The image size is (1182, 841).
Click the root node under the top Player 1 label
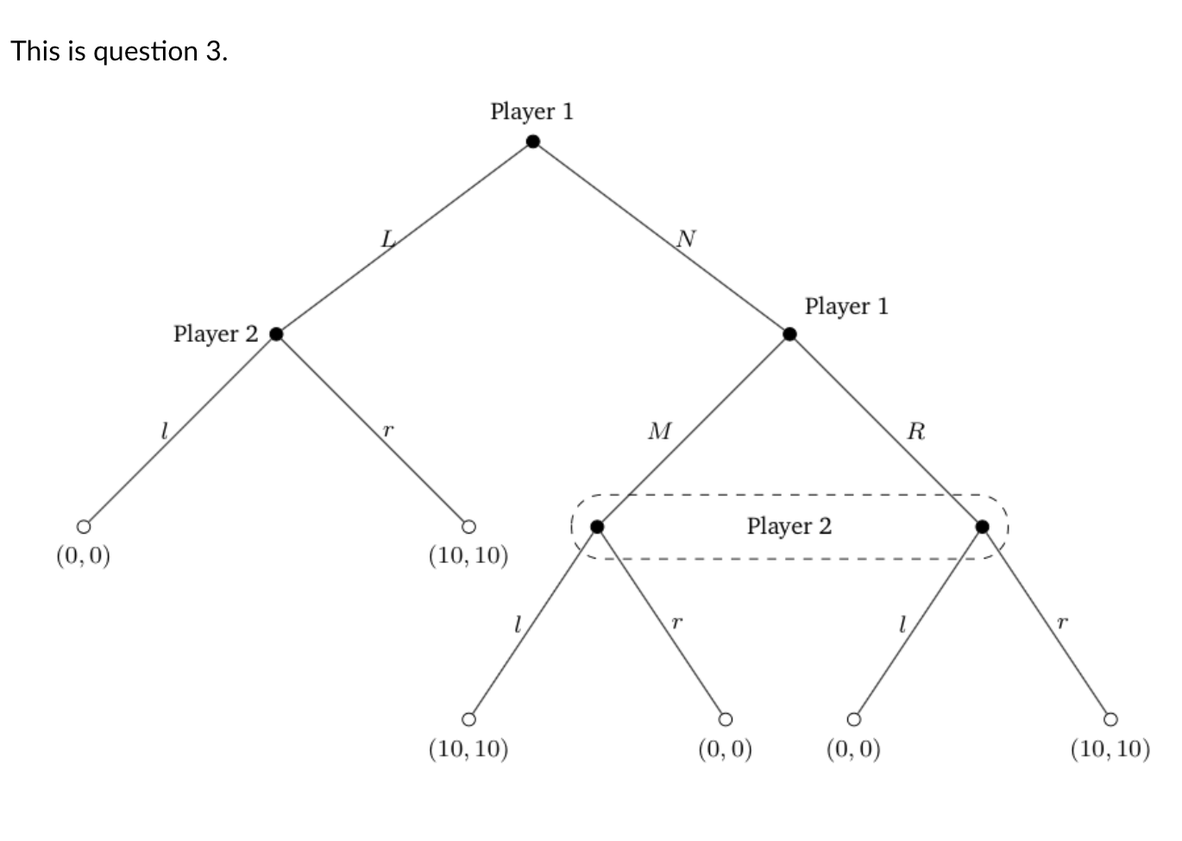coord(533,142)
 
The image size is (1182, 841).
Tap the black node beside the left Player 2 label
coord(276,334)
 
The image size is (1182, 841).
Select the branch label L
coord(388,239)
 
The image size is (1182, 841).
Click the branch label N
coord(686,238)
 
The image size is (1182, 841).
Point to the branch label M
coord(659,431)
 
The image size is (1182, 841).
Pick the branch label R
coord(916,431)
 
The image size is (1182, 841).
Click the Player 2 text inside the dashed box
coord(789,526)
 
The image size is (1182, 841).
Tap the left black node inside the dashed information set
coord(597,527)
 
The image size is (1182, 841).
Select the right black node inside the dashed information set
coord(982,527)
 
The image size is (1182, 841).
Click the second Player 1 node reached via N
coord(789,334)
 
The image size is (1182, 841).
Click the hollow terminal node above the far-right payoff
coord(1110,719)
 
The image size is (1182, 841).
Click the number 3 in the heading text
coord(213,52)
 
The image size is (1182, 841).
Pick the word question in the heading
coord(145,53)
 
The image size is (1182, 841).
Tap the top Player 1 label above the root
coord(531,111)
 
